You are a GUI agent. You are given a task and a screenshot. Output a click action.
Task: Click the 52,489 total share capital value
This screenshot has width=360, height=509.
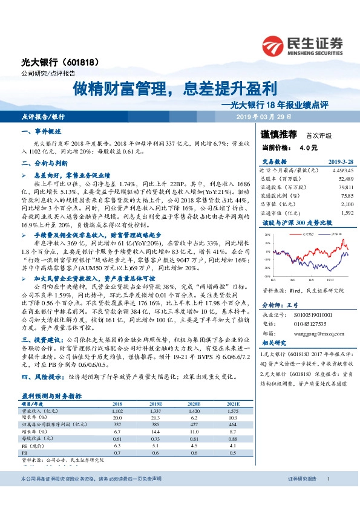pos(344,179)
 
